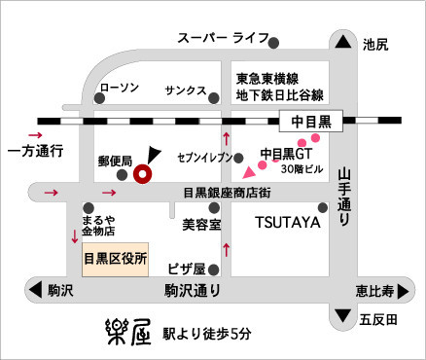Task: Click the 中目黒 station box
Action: pyautogui.click(x=311, y=122)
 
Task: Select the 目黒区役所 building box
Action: pyautogui.click(x=116, y=260)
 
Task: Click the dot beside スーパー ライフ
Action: pyautogui.click(x=274, y=43)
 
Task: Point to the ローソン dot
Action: pyautogui.click(x=99, y=98)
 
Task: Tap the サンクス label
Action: pyautogui.click(x=186, y=90)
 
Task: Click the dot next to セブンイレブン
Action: pyautogui.click(x=238, y=158)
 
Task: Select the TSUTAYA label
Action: pyautogui.click(x=288, y=223)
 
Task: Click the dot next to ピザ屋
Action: pyautogui.click(x=214, y=270)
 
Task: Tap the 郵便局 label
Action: pyautogui.click(x=116, y=162)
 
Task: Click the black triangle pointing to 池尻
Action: pyautogui.click(x=343, y=42)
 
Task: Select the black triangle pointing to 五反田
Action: pyautogui.click(x=343, y=315)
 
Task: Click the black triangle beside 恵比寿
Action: pyautogui.click(x=403, y=291)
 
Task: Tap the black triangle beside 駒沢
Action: pyautogui.click(x=36, y=290)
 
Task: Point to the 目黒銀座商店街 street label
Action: pyautogui.click(x=227, y=193)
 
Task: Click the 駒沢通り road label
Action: pyautogui.click(x=193, y=291)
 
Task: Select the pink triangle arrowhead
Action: pyautogui.click(x=249, y=173)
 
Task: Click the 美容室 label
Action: pyautogui.click(x=201, y=225)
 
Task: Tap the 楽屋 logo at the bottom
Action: pyautogui.click(x=129, y=332)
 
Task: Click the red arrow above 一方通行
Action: pyautogui.click(x=35, y=135)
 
